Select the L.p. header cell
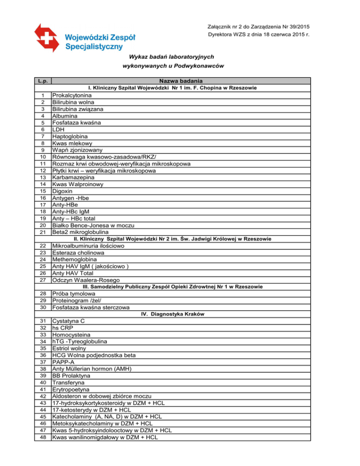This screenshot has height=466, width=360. pyautogui.click(x=43, y=81)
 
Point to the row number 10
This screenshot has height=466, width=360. pyautogui.click(x=43, y=157)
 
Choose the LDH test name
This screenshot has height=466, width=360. pyautogui.click(x=59, y=129)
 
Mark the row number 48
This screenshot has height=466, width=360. pyautogui.click(x=43, y=437)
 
